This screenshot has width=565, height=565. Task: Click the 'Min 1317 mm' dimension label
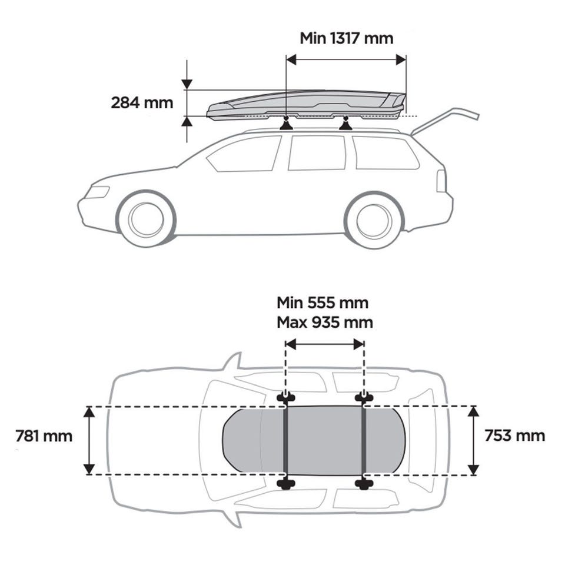tap(346, 38)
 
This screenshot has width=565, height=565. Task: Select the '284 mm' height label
tap(142, 102)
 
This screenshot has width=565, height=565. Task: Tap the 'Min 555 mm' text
tap(323, 303)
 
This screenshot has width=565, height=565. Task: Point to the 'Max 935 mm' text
tap(325, 322)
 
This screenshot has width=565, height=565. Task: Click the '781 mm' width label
tap(44, 436)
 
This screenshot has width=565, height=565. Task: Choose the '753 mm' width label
tap(514, 436)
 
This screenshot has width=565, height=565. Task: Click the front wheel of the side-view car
tap(146, 219)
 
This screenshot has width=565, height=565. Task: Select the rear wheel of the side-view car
tap(374, 220)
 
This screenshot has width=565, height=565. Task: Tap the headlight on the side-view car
tap(97, 192)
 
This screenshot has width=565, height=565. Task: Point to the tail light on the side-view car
tap(441, 181)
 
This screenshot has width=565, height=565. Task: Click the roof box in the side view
tap(306, 105)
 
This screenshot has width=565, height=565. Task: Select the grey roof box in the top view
tap(314, 440)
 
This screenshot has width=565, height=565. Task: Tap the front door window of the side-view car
tap(244, 154)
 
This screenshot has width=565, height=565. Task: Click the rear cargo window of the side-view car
tap(385, 153)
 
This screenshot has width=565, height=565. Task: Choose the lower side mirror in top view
tap(233, 518)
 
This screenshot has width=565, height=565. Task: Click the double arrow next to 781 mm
tap(89, 440)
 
